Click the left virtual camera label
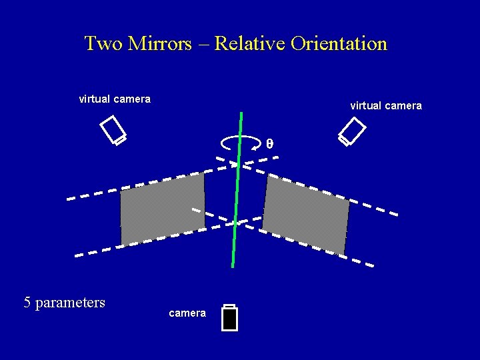[115, 99]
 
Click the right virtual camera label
[385, 105]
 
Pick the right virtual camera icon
[352, 131]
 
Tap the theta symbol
[269, 143]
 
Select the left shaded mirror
[162, 207]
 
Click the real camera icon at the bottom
[230, 318]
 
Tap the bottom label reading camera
[187, 313]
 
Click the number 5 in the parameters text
[27, 303]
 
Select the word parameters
[70, 303]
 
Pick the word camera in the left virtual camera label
[132, 99]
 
